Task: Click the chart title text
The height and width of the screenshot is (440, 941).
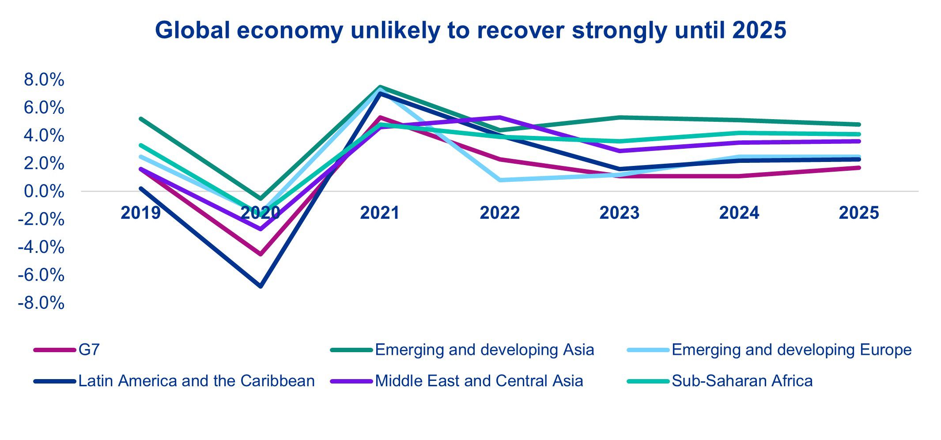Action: [470, 30]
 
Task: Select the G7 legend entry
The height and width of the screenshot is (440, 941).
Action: [89, 350]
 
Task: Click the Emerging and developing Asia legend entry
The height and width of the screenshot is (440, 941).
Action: [484, 350]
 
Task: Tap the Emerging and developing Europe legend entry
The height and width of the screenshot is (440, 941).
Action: [791, 350]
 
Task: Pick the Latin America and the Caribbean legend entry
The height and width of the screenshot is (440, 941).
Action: [196, 381]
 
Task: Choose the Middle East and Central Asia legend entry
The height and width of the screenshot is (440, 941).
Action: [479, 381]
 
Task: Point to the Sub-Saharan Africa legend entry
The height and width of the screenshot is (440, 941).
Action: [742, 381]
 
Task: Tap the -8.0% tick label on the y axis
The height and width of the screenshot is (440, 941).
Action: [41, 303]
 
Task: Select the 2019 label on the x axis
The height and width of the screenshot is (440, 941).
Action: [140, 213]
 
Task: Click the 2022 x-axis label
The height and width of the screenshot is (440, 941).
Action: [499, 213]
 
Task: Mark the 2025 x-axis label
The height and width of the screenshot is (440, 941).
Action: [858, 213]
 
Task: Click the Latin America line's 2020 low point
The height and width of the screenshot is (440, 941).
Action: [261, 286]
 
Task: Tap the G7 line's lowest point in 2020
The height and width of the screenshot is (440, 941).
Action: [261, 254]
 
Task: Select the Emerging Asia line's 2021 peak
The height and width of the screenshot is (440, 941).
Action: [380, 87]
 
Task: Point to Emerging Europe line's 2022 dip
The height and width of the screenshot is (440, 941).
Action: [500, 180]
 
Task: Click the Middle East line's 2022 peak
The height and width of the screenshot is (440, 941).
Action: [500, 117]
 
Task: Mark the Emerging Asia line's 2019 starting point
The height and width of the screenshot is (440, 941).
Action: [141, 119]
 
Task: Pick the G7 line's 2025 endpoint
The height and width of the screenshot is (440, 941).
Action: [858, 168]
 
